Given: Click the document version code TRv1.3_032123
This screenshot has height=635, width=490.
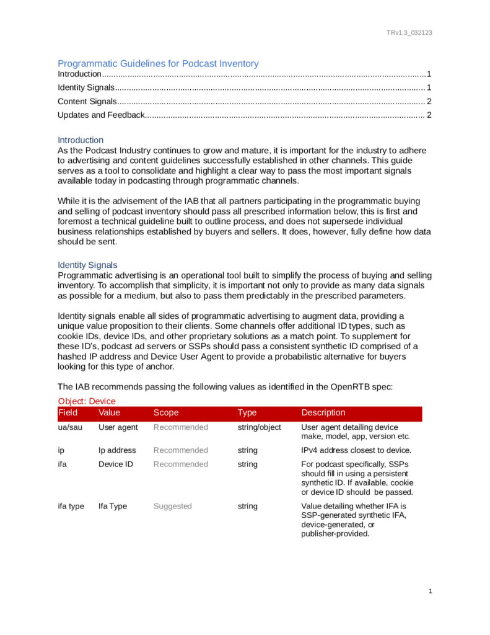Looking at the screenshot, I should pos(409,32).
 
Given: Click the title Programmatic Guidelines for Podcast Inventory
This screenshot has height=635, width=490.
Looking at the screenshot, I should pos(158,63).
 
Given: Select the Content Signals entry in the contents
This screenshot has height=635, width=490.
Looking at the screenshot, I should pos(87,101).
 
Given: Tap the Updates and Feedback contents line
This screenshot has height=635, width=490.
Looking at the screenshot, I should pos(101,115).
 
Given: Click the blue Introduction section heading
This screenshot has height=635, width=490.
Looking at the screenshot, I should pos(81,140).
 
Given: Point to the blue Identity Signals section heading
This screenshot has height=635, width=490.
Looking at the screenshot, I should pos(87,265).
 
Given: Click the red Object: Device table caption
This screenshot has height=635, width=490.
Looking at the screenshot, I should pos(87,401).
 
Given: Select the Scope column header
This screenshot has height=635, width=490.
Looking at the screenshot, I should pos(166,412).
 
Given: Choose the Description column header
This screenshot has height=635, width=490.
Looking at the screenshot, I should pos(323,412).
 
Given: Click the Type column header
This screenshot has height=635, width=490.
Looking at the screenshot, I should pos(248,412).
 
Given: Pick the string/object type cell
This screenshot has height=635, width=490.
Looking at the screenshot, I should pos(259,427).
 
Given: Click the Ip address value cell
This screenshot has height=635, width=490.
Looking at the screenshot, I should pos(117,450).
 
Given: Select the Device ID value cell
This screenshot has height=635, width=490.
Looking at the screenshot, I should pos(116,464).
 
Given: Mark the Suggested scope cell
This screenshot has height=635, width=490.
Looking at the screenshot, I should pos(173,506).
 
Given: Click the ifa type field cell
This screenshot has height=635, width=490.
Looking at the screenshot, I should pos(71,506).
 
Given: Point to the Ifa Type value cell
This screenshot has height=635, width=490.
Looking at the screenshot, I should pos(113,506).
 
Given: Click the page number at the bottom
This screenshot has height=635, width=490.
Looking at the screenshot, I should pos(430,592).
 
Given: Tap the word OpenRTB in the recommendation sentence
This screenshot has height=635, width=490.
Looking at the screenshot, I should pos(339,387).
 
